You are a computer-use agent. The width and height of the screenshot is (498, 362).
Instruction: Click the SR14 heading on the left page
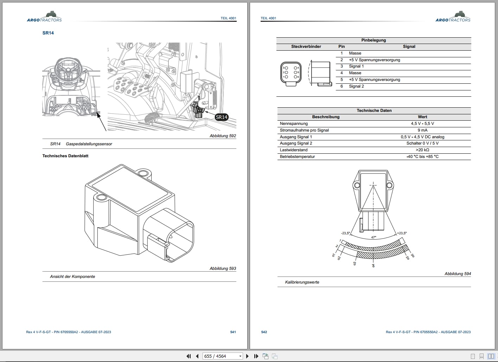(48, 33)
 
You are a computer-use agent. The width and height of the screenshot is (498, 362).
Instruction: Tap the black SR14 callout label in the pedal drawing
(222, 117)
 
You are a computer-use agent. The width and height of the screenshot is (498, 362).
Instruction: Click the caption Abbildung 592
(223, 136)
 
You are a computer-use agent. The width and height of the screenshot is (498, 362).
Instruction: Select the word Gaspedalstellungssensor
(89, 144)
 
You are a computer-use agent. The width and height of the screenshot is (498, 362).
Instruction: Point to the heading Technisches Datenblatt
(65, 156)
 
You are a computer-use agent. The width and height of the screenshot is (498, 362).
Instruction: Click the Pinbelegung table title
(373, 40)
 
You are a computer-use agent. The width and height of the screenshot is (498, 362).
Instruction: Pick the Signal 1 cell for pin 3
(356, 66)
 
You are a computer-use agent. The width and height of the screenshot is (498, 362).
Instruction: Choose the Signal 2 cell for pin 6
(356, 86)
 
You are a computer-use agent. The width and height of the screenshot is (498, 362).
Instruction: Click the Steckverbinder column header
(306, 46)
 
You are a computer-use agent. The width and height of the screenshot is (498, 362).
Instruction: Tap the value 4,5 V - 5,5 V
(422, 123)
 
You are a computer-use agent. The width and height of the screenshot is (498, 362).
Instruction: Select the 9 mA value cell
(422, 130)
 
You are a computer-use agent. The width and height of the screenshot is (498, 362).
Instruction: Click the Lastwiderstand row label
(294, 150)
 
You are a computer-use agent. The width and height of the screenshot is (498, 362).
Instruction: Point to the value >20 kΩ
(422, 150)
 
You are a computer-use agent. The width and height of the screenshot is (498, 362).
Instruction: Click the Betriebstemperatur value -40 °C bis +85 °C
(422, 157)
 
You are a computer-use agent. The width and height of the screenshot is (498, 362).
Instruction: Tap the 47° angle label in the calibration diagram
(373, 237)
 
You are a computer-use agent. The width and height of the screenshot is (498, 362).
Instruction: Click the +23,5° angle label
(402, 233)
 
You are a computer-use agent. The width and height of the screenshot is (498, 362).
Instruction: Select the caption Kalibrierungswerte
(302, 282)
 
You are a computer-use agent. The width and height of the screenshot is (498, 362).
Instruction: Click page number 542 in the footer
(264, 332)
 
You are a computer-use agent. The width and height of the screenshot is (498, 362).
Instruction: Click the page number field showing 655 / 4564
(223, 356)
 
